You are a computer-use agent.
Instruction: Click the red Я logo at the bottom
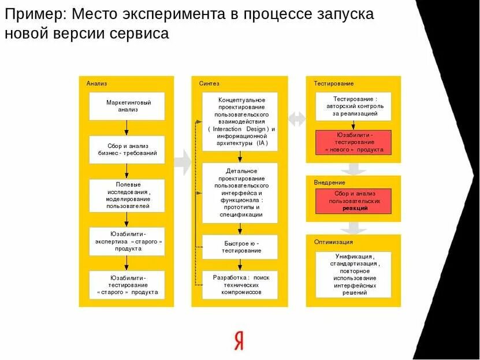pyautogui.click(x=239, y=340)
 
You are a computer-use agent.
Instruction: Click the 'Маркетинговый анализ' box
pyautogui.click(x=127, y=106)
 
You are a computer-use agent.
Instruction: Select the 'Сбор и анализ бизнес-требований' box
pyautogui.click(x=127, y=150)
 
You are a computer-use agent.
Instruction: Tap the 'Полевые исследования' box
pyautogui.click(x=127, y=195)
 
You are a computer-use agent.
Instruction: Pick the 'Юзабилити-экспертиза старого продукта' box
pyautogui.click(x=127, y=241)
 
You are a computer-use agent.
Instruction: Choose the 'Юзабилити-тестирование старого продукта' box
pyautogui.click(x=127, y=285)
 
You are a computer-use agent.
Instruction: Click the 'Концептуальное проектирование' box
pyautogui.click(x=240, y=122)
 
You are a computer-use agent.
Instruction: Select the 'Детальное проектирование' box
pyautogui.click(x=240, y=192)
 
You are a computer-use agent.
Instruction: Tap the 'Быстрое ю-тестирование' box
pyautogui.click(x=240, y=247)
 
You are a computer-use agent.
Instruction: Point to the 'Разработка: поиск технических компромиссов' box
pyautogui.click(x=240, y=285)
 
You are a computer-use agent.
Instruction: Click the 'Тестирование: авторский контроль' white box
pyautogui.click(x=354, y=106)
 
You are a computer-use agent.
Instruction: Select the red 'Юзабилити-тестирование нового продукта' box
pyautogui.click(x=354, y=142)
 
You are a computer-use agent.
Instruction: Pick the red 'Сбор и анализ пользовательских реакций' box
pyautogui.click(x=354, y=201)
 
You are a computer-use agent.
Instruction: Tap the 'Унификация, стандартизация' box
pyautogui.click(x=354, y=274)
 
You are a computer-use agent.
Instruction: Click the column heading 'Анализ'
pyautogui.click(x=97, y=84)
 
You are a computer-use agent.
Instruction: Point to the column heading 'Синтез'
pyautogui.click(x=209, y=84)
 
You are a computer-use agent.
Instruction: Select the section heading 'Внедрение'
pyautogui.click(x=329, y=183)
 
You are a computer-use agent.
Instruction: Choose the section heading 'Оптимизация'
pyautogui.click(x=333, y=242)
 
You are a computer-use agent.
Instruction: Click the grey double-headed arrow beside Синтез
pyautogui.click(x=297, y=119)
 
